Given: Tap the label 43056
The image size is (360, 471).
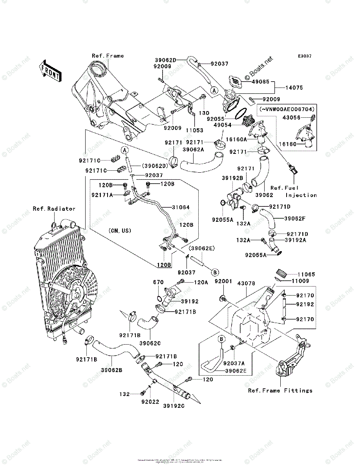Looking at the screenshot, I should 302,117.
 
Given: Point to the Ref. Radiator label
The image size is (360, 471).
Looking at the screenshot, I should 54,209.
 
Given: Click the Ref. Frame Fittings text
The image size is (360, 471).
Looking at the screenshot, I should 280,391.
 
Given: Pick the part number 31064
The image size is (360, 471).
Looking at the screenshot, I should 181,207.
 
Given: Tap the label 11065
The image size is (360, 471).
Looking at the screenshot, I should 305,274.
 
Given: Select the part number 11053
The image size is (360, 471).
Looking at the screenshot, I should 195,130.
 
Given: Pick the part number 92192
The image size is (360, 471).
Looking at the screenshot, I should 305,304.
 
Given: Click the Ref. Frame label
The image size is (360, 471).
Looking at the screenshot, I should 108,56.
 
